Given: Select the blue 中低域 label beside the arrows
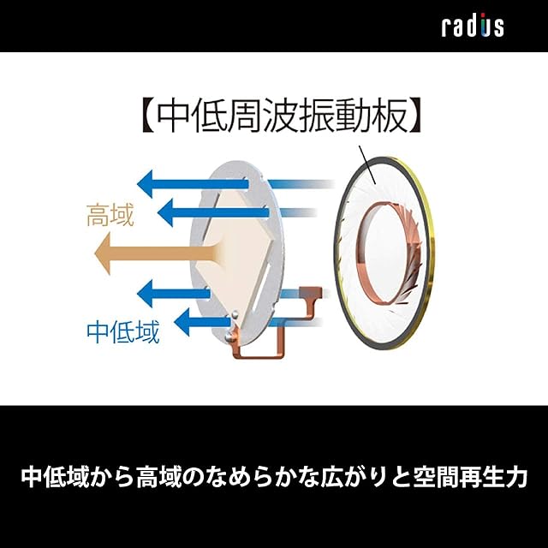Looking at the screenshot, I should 122,331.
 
